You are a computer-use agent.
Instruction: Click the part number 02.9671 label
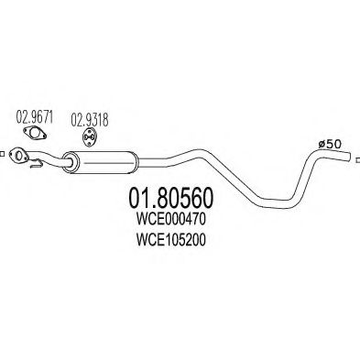[x=35, y=117]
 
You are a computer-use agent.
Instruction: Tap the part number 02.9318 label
[x=91, y=117]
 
